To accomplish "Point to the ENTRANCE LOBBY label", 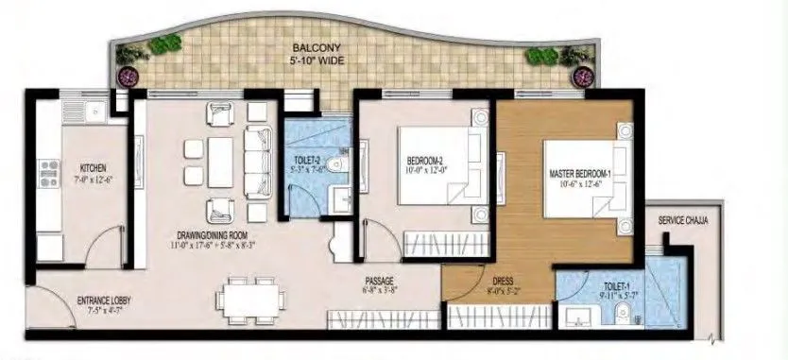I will [x=104, y=301].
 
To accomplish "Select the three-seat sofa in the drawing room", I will [x=255, y=161].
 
